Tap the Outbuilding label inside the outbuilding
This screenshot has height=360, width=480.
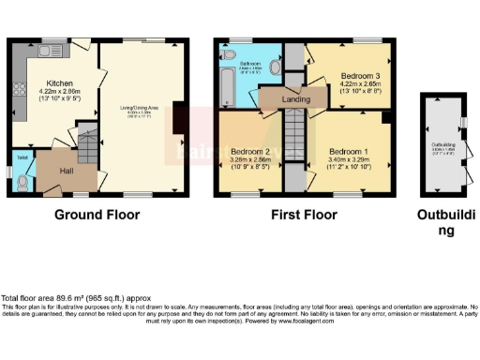click(x=442, y=144)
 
